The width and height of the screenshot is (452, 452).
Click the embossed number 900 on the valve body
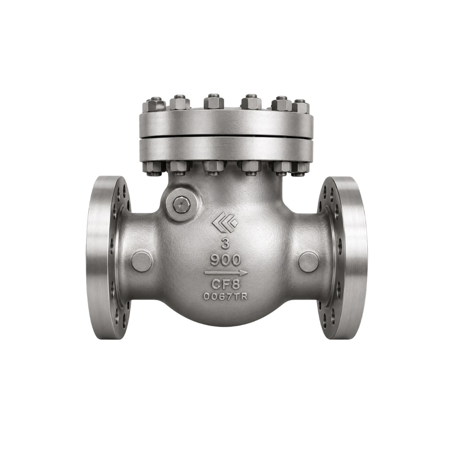tap(226, 260)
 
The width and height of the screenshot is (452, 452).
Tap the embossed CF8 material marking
tap(226, 285)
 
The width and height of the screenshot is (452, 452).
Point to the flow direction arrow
tap(226, 272)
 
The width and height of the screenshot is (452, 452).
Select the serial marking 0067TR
tap(226, 296)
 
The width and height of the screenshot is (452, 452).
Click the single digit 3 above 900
tap(226, 244)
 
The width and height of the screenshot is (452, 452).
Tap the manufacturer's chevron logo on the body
tap(225, 222)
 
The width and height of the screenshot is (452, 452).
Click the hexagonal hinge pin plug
tap(181, 205)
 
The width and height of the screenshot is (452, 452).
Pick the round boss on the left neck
tap(142, 261)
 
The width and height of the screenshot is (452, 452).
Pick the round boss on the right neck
tap(309, 262)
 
